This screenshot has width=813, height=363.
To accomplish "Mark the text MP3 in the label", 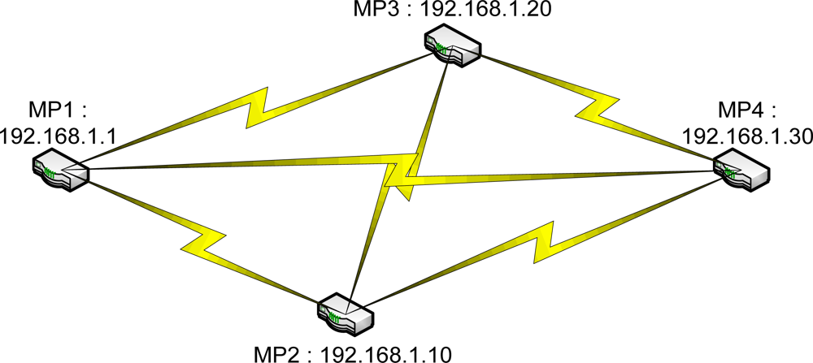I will (372, 11).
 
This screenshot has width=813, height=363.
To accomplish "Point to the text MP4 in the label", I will (737, 110).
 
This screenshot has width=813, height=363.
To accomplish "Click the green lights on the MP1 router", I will (50, 172).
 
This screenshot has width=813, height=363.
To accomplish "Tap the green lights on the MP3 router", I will (442, 50).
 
